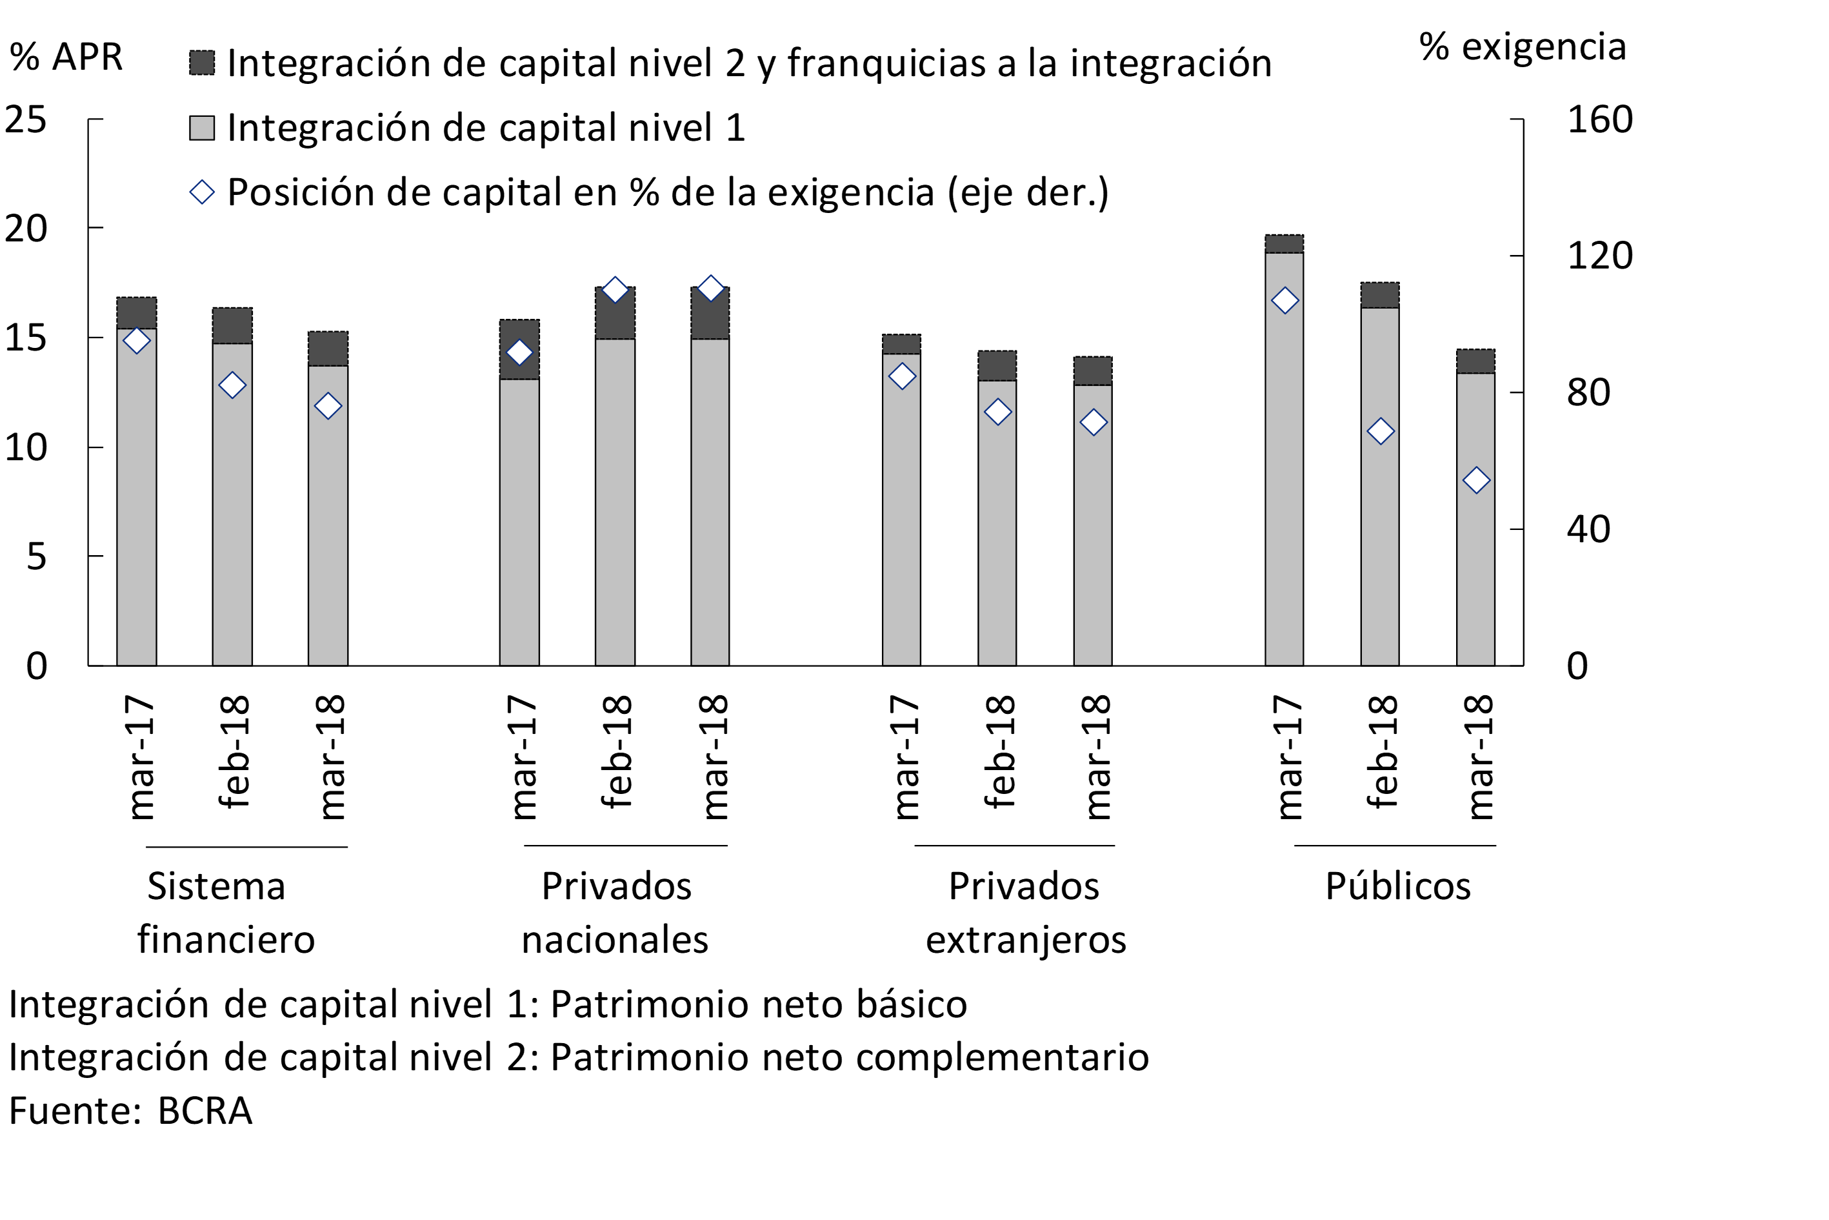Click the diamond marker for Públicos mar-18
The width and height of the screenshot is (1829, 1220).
(1475, 481)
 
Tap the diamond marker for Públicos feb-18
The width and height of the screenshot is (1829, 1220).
(1379, 431)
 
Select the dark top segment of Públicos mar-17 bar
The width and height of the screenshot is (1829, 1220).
(1284, 243)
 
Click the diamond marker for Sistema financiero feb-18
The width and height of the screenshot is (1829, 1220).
(232, 385)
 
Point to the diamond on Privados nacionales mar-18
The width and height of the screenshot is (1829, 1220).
(710, 289)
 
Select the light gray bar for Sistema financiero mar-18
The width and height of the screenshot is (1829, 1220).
(327, 522)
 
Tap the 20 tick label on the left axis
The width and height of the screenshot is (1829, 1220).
(26, 229)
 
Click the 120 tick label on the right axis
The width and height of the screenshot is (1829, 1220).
(1599, 256)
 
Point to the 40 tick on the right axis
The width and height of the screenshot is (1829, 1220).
(1588, 530)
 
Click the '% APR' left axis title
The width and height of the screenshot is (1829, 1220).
(66, 57)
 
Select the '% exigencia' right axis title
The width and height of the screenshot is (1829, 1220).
(1522, 46)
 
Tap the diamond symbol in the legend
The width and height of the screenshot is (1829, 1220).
(202, 192)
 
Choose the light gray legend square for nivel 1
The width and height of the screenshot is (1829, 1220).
(202, 128)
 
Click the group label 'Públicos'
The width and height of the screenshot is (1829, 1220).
(1397, 886)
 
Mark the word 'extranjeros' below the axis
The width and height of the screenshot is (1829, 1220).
(1025, 940)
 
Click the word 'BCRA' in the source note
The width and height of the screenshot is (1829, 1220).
(205, 1111)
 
